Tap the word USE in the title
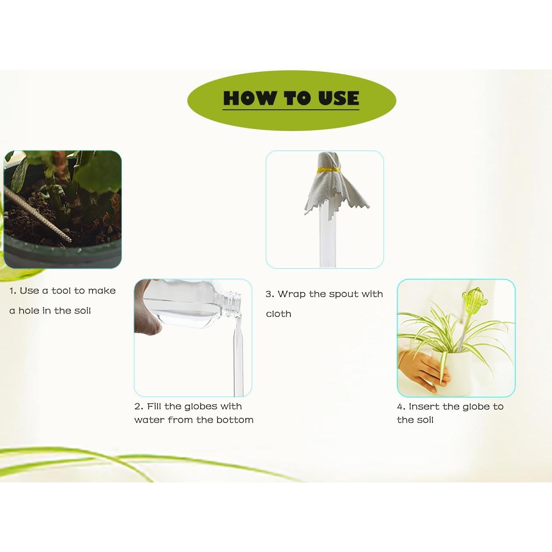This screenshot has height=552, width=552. point(339,98)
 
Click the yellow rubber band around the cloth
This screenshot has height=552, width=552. point(328,170)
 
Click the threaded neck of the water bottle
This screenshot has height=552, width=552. point(232,304)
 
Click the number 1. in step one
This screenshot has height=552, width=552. point(13,291)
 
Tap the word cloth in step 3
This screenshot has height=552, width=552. point(279,314)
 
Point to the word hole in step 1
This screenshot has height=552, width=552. point(29,311)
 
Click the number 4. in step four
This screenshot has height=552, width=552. point(401,407)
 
